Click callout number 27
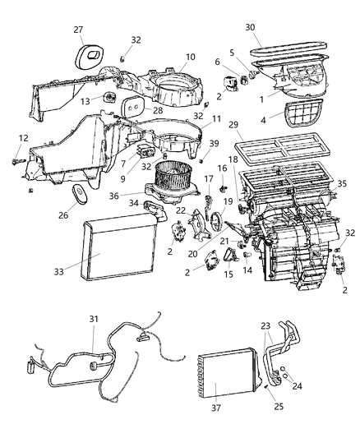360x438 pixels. [79, 30]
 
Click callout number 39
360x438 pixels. [213, 143]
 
